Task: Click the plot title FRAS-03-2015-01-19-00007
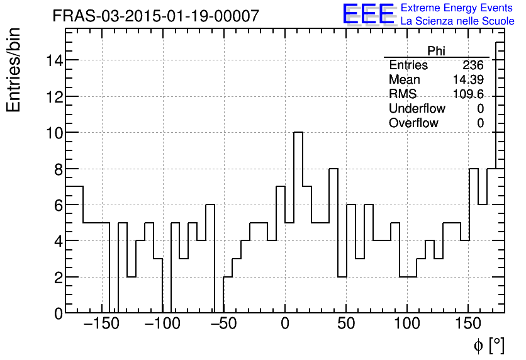[155, 16]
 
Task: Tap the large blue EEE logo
[368, 14]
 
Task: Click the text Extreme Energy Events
[457, 8]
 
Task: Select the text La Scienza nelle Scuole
[457, 21]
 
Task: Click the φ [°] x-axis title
[489, 346]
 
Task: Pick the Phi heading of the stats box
[436, 51]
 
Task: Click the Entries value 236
[473, 65]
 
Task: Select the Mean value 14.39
[467, 80]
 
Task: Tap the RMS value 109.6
[467, 94]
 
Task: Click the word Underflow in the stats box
[417, 109]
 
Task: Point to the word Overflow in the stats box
[413, 123]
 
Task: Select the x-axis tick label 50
[346, 325]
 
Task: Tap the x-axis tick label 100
[408, 325]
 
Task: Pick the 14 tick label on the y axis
[53, 60]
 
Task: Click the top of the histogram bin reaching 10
[298, 132]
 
